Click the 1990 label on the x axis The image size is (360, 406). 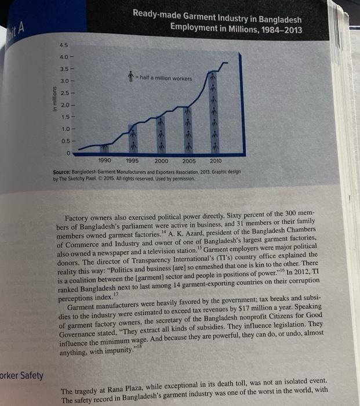click(105, 160)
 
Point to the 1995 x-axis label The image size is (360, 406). click(132, 160)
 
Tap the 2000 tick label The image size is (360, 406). click(161, 160)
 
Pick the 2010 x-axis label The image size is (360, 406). click(215, 160)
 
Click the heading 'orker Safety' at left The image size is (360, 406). click(22, 375)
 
